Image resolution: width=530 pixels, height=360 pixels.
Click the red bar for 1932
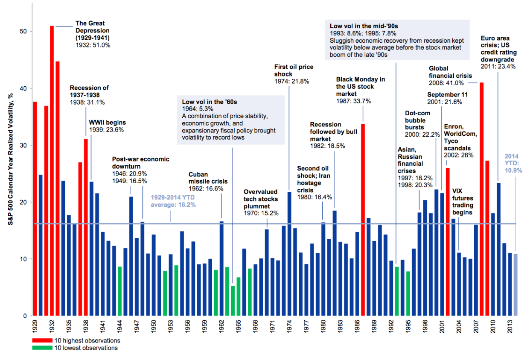(52, 170)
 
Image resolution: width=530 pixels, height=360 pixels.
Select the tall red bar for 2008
(481, 199)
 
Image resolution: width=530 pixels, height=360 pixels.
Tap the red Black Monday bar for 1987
(363, 220)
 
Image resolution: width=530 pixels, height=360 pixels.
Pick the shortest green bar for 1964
(233, 301)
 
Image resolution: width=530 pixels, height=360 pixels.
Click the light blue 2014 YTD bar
(515, 285)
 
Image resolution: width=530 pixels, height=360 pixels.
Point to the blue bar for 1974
(289, 254)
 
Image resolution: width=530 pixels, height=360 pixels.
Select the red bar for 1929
(35, 209)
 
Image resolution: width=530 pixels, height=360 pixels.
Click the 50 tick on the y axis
(23, 32)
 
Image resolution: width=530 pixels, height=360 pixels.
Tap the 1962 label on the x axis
(221, 326)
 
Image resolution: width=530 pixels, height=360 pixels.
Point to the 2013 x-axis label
(510, 326)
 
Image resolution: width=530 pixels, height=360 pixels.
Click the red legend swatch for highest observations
(42, 340)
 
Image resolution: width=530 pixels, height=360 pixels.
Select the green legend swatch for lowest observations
(42, 348)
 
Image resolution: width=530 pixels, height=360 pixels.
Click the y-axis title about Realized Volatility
(10, 159)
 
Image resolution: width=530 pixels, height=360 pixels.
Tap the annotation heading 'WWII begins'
(108, 123)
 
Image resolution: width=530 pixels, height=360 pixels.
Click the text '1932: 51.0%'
(93, 45)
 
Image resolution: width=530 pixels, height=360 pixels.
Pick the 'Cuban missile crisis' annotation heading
(208, 178)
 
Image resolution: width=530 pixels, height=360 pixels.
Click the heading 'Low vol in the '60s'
(210, 102)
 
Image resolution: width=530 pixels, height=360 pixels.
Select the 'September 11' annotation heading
(447, 95)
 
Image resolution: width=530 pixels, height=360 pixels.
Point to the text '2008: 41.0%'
(446, 83)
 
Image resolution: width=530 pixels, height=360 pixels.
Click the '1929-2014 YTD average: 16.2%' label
(173, 201)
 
